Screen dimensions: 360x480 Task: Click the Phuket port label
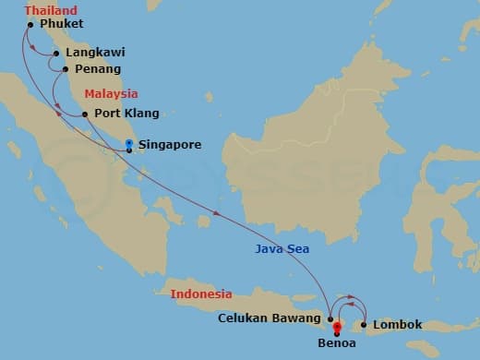pos(62,23)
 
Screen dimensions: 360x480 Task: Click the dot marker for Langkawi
pos(57,54)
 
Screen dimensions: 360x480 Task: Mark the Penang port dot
pos(65,68)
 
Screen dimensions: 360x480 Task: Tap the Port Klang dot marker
pos(85,114)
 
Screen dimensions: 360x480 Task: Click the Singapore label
pos(169,145)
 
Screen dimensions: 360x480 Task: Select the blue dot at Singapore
pos(128,142)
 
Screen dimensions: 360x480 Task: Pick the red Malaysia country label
pos(111,93)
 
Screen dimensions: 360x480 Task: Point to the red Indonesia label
pos(201,294)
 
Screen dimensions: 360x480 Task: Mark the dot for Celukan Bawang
pos(330,318)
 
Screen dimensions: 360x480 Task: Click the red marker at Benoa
pos(337,327)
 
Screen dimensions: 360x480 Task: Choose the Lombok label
pos(398,325)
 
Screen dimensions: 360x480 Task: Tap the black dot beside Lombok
pos(365,325)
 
